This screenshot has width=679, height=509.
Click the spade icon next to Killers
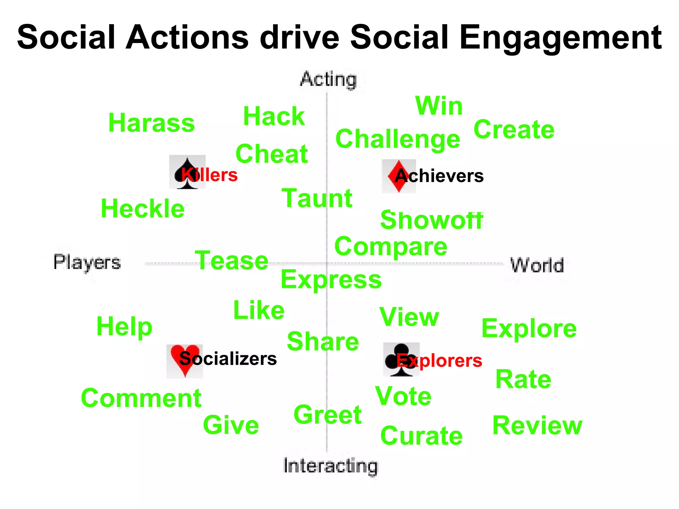[x=187, y=172]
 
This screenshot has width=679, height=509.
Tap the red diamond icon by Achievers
[x=398, y=176]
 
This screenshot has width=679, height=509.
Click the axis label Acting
[x=328, y=80]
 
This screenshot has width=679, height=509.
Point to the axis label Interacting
[x=331, y=466]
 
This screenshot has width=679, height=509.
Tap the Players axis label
[x=87, y=262]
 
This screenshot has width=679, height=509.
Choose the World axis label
[x=537, y=265]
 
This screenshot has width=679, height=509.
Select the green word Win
[x=439, y=106]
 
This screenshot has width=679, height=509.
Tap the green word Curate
[x=421, y=436]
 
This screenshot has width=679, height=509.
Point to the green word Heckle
[x=143, y=209]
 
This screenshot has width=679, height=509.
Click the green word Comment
[x=141, y=398]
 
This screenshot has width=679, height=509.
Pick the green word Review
[x=537, y=425]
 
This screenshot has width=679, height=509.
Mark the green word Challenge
[x=398, y=139]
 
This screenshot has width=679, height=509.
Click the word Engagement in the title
[x=560, y=38]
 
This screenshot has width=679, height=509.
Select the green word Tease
[x=231, y=261]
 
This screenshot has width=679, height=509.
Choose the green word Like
[x=259, y=311]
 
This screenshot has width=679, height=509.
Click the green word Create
[x=514, y=130]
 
